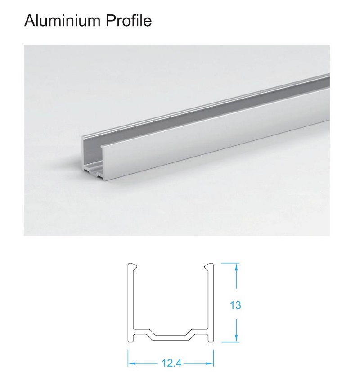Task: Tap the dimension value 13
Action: click(x=235, y=305)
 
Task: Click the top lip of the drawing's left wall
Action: click(x=132, y=266)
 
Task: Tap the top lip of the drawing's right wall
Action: click(x=209, y=266)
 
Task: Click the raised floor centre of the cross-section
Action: click(x=171, y=336)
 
